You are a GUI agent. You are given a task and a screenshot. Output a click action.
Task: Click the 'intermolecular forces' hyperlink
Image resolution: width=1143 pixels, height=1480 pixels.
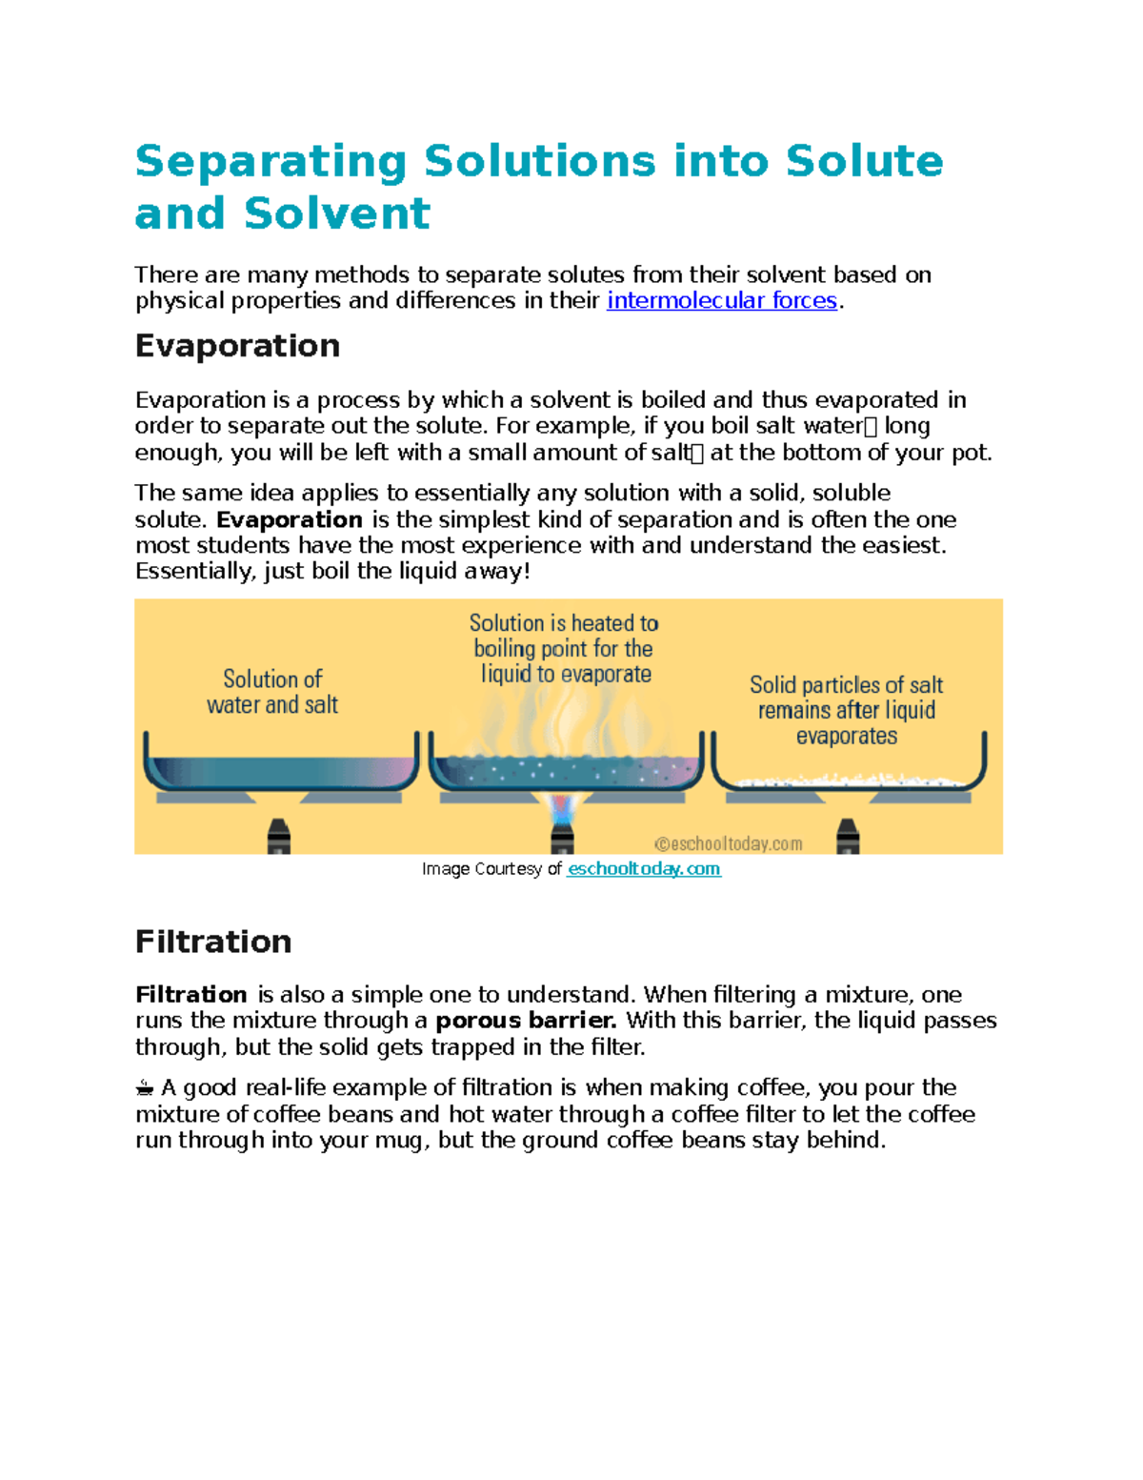tap(721, 301)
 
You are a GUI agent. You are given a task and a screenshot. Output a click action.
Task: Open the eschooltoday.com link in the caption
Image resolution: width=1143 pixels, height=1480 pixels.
tap(644, 869)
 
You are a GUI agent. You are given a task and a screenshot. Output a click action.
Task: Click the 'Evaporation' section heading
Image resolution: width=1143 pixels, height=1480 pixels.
tap(237, 346)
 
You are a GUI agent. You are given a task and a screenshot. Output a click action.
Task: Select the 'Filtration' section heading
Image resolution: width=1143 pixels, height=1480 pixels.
tap(213, 942)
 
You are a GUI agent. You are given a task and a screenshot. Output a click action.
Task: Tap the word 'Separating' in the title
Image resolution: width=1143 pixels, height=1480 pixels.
tap(271, 161)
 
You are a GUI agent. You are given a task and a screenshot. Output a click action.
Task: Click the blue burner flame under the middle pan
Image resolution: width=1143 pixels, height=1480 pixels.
tap(563, 810)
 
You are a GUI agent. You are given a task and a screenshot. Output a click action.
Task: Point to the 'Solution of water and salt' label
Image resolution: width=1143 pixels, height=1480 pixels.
tap(272, 692)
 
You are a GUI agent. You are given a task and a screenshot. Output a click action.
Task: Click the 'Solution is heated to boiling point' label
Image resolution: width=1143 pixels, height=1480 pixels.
tap(564, 648)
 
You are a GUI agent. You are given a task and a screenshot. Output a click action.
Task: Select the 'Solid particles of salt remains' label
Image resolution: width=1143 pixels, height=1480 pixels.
tap(846, 710)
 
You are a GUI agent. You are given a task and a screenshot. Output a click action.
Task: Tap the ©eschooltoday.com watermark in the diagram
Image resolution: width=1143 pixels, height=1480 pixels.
tap(728, 843)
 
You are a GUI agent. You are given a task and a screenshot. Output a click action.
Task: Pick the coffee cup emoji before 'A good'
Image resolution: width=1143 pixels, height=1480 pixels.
tap(145, 1088)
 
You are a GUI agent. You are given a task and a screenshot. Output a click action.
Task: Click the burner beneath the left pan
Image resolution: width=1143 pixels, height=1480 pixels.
tap(278, 836)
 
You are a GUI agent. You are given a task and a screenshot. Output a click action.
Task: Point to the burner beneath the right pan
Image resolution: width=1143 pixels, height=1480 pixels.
tap(848, 836)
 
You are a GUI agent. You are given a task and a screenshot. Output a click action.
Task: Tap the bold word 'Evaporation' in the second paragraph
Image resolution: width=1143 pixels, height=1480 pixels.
tap(290, 520)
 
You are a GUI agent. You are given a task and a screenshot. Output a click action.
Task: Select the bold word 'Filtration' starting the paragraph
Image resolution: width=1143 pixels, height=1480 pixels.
tap(190, 995)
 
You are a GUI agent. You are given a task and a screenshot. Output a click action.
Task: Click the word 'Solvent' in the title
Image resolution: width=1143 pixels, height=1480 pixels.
tap(337, 213)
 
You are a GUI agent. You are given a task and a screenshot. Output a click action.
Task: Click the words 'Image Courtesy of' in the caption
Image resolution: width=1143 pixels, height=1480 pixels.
tap(491, 869)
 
